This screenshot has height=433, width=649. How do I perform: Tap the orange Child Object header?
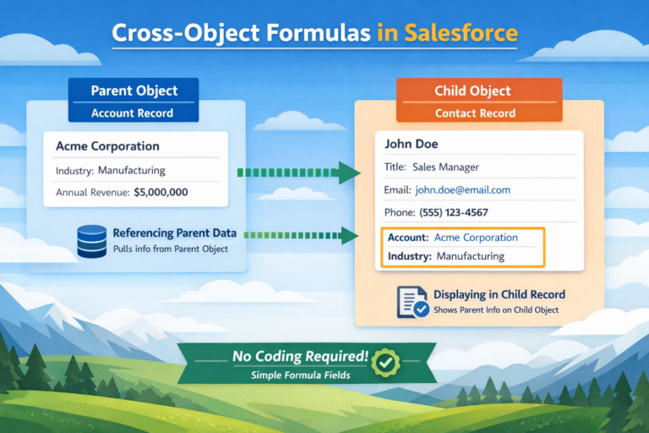(478, 90)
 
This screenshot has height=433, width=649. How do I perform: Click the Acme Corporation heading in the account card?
(107, 146)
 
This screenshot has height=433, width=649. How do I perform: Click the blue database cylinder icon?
(91, 241)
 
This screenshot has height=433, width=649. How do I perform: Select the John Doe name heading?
(412, 144)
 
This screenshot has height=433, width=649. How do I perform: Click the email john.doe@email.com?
(462, 190)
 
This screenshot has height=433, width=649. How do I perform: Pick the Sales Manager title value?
(445, 167)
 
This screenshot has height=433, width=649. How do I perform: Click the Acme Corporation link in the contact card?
(477, 238)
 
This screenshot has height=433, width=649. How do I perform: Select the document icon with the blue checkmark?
(412, 302)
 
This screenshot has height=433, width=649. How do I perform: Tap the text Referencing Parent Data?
(173, 233)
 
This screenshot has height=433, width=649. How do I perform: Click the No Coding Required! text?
(299, 357)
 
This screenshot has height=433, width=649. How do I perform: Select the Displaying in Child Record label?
(499, 294)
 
